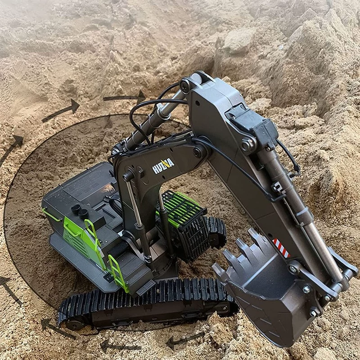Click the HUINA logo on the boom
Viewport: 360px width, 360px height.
[x=163, y=166]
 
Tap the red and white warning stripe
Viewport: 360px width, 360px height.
[x=281, y=248]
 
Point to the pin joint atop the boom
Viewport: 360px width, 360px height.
[x=185, y=86]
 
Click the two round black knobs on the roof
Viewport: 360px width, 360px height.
[x=80, y=211]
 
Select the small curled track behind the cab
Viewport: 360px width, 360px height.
[x=216, y=232]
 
